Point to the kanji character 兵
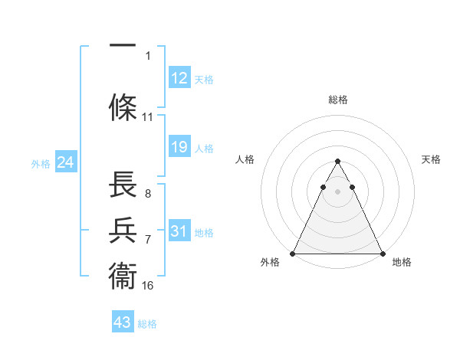click(x=123, y=231)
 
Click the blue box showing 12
click(x=179, y=77)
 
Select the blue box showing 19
click(x=179, y=147)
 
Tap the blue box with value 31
click(x=179, y=231)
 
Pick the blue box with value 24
click(x=65, y=162)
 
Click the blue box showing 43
click(x=122, y=322)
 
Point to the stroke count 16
click(x=148, y=286)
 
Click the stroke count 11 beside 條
click(x=148, y=117)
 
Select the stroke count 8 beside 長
click(x=147, y=194)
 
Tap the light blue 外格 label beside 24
click(x=40, y=163)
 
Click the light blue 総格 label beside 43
click(x=147, y=324)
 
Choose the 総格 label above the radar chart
click(x=338, y=100)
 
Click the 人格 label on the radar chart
click(x=245, y=159)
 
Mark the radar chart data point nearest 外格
click(x=293, y=253)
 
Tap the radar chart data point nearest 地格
click(x=383, y=253)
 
